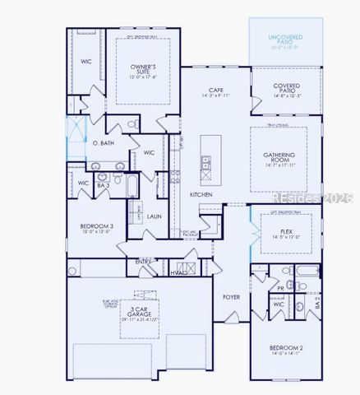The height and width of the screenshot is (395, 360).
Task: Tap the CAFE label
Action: [216, 91]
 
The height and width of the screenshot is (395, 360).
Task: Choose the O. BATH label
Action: [103, 143]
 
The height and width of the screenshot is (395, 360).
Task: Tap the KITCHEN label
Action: [201, 194]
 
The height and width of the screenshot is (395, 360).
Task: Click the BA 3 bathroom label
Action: [101, 188]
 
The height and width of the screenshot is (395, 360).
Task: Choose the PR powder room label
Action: [281, 288]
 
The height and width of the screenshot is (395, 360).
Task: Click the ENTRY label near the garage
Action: [143, 262]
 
